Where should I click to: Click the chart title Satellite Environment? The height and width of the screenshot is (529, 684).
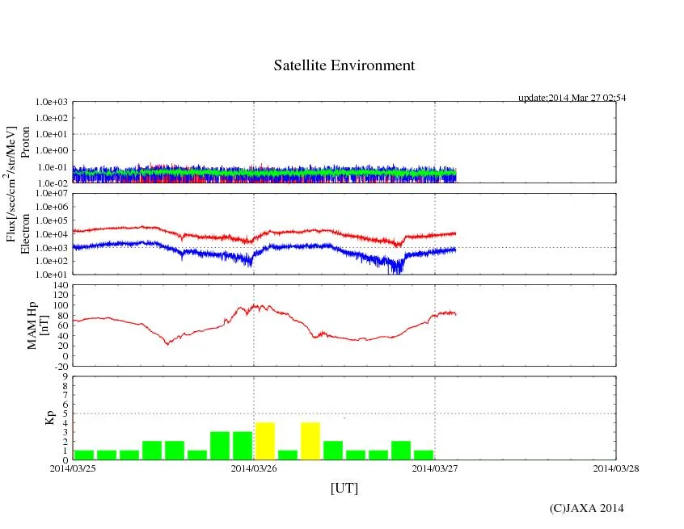344,65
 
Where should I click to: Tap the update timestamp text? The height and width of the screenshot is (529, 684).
572,98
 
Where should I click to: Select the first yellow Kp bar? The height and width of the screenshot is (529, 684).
265,441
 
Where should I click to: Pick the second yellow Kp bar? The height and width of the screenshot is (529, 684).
310,441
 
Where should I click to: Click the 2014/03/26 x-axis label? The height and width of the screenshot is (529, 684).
254,467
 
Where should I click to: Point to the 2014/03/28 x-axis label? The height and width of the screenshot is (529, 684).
615,467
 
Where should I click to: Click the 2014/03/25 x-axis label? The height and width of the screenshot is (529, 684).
73,467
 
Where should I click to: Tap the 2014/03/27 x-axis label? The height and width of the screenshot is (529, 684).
435,467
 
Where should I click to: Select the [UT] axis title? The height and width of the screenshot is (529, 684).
344,488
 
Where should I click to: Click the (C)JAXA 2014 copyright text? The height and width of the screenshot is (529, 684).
586,508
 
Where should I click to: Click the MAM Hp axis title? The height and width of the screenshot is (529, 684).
39,321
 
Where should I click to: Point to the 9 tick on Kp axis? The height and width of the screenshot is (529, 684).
65,376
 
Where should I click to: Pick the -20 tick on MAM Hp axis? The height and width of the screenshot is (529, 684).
60,366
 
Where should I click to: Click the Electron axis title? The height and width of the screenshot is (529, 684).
25,234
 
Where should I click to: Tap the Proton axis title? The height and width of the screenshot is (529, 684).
25,142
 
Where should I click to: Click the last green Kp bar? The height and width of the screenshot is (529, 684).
424,455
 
